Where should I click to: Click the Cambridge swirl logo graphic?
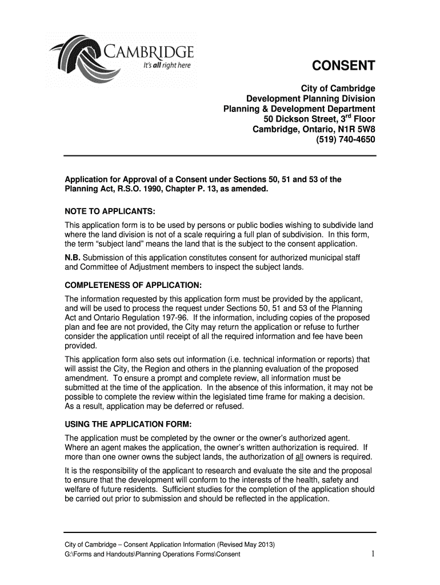point(77,60)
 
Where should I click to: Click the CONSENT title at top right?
point(343,67)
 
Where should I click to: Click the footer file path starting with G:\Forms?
point(152,555)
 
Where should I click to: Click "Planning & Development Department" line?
point(298,109)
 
